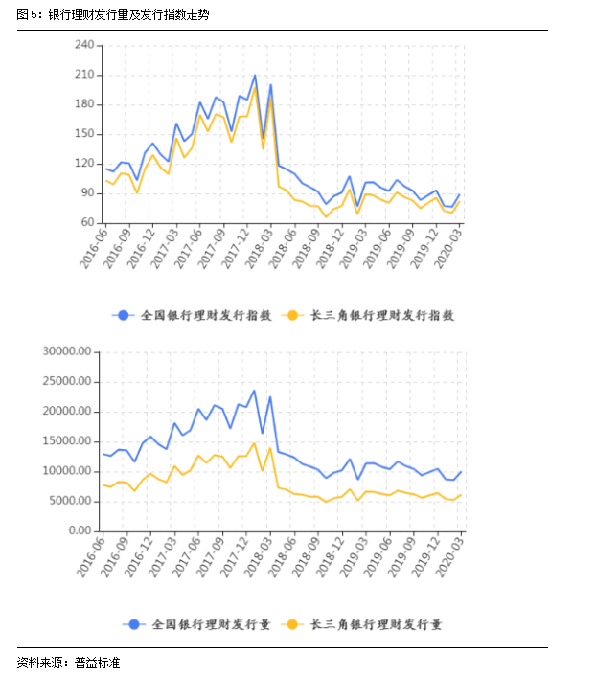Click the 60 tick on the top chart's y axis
click(87, 223)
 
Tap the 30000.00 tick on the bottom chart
click(67, 351)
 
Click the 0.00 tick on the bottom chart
click(79, 530)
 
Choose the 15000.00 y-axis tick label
click(67, 440)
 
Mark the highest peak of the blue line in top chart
click(255, 75)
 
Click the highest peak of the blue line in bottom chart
click(254, 390)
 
